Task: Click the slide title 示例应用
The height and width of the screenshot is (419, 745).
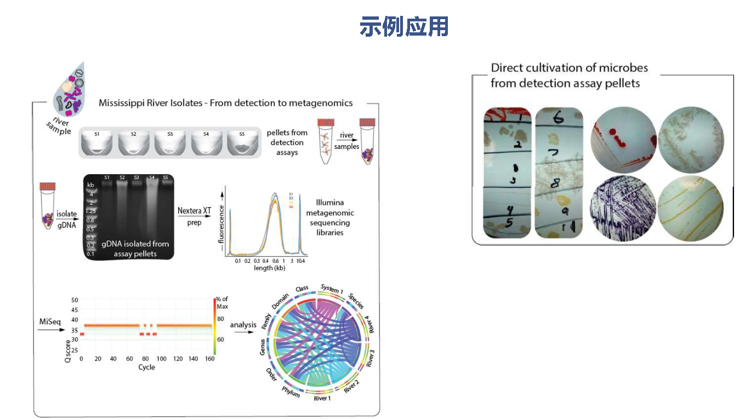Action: tap(404, 26)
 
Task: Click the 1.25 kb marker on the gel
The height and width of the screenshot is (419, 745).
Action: tap(90, 211)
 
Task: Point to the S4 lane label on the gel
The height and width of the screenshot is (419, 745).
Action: tap(151, 177)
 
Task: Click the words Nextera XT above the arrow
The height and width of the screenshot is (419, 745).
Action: tap(195, 210)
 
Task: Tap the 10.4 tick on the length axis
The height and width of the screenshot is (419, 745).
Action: tap(300, 261)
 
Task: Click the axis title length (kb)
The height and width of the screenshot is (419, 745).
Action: tap(269, 268)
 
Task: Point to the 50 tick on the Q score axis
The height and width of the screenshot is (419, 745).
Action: tap(75, 300)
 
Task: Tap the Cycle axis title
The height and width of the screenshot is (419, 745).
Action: tap(147, 367)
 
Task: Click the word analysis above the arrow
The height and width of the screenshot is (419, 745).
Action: tap(243, 325)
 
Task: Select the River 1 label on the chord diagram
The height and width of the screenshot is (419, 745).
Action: tap(322, 398)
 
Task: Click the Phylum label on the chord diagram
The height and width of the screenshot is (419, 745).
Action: tap(291, 392)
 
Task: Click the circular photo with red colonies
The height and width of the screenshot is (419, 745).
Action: tap(624, 137)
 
